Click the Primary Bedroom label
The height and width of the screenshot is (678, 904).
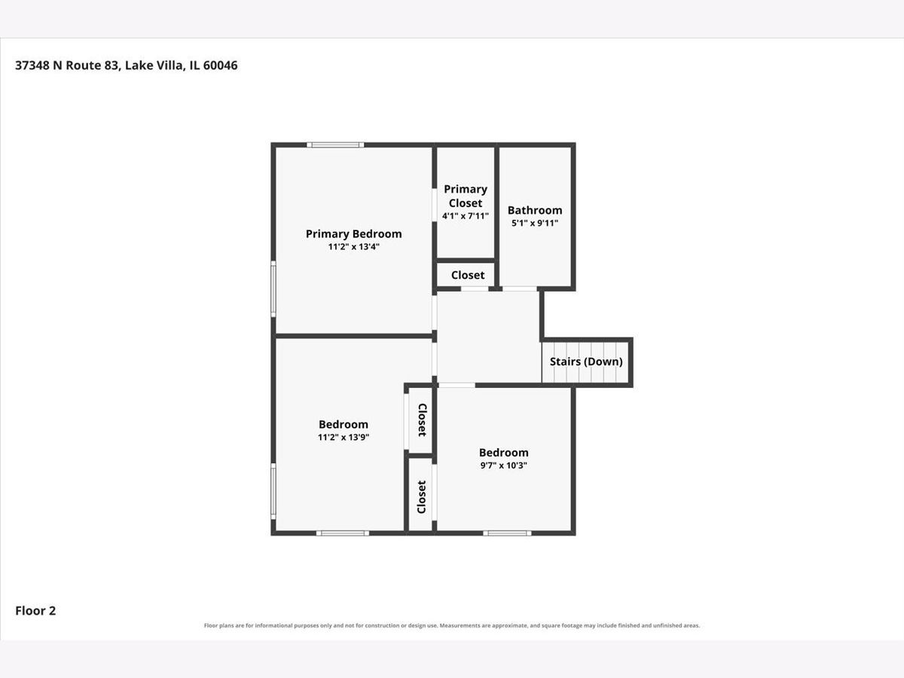click(353, 234)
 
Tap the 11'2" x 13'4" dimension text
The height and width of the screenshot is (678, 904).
click(353, 246)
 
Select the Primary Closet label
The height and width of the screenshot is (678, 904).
click(466, 196)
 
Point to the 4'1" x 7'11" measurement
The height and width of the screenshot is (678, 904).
click(466, 215)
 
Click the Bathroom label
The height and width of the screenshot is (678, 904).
click(535, 210)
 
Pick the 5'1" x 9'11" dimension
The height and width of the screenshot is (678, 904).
click(535, 223)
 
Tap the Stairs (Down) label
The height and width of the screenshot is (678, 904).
click(586, 362)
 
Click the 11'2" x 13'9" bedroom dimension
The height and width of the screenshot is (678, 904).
click(343, 437)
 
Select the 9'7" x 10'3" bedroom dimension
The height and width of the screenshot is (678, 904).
click(503, 465)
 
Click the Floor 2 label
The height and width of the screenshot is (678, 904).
click(35, 610)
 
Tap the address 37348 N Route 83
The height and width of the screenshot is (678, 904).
click(67, 65)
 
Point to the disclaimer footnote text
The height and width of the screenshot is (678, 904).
click(452, 625)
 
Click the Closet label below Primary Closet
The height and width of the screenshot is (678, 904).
click(468, 275)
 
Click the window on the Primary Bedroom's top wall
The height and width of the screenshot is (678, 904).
click(335, 145)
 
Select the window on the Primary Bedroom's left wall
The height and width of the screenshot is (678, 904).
click(273, 289)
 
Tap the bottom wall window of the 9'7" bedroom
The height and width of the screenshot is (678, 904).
click(507, 533)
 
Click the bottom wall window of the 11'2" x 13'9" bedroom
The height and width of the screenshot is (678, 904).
click(343, 533)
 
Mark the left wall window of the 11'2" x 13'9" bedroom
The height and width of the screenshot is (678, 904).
click(273, 491)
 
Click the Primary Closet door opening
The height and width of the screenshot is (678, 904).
click(434, 205)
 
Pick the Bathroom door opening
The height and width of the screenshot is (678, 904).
click(520, 289)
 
